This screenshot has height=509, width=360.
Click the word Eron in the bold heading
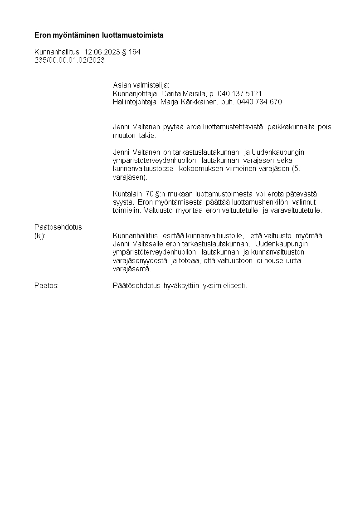(x=42, y=35)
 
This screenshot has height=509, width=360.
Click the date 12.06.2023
(x=102, y=52)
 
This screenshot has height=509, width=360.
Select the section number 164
(x=135, y=52)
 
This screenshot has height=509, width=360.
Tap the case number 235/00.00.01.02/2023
(x=69, y=60)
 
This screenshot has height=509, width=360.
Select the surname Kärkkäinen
(x=199, y=102)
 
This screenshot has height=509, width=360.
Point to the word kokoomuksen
(x=201, y=169)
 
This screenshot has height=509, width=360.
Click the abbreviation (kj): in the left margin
(x=40, y=235)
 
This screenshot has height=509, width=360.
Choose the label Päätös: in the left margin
(x=47, y=285)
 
